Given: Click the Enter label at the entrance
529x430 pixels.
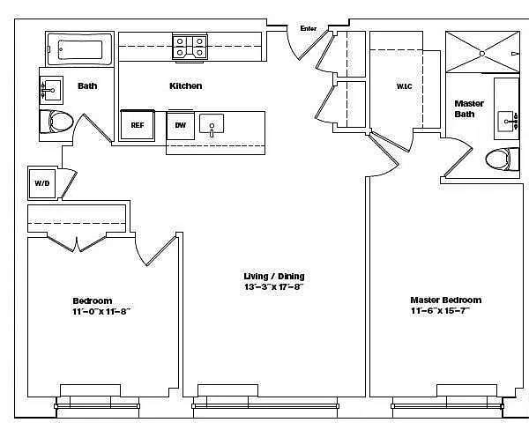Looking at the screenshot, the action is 309,29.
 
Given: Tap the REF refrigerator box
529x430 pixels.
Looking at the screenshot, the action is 138,125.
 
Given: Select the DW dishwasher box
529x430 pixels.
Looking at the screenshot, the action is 181,125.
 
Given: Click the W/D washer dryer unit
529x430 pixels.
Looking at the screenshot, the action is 42,183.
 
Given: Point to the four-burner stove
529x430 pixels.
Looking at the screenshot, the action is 190,48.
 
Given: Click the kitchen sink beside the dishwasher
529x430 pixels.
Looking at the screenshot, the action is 212,124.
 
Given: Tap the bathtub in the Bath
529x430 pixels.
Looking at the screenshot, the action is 79,49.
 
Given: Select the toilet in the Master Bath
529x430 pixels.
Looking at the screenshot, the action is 502,159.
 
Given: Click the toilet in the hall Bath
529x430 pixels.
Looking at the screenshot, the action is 56,122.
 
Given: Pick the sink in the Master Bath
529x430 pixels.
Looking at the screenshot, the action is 508,122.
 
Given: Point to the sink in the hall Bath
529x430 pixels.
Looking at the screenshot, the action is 51,90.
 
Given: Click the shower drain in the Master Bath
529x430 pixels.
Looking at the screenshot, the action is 482,53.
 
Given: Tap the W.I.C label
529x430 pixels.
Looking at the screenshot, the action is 404,86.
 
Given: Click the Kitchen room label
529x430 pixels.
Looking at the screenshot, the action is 186,86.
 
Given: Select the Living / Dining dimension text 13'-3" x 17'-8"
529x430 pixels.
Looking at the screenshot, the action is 273,287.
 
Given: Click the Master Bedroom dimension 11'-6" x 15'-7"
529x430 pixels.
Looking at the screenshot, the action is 440,311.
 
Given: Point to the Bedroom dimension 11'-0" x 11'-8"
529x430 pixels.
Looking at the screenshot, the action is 101,311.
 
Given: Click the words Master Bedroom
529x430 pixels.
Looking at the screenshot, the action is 445,300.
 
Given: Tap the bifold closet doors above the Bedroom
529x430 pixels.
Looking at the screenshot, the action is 77,243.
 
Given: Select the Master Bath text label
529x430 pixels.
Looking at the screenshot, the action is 469,108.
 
